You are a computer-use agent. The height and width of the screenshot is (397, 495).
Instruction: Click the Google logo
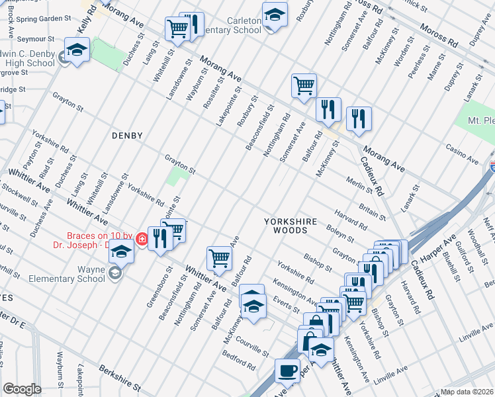pyautogui.click(x=22, y=389)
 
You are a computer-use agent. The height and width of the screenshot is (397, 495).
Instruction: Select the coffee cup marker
pyautogui.click(x=287, y=370)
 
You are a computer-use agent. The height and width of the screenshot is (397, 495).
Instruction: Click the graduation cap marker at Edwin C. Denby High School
pyautogui.click(x=77, y=50)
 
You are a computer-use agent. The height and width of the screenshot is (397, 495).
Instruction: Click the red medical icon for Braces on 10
pyautogui.click(x=141, y=239)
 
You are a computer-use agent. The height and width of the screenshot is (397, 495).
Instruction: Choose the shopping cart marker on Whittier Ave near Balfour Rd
pyautogui.click(x=219, y=257)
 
